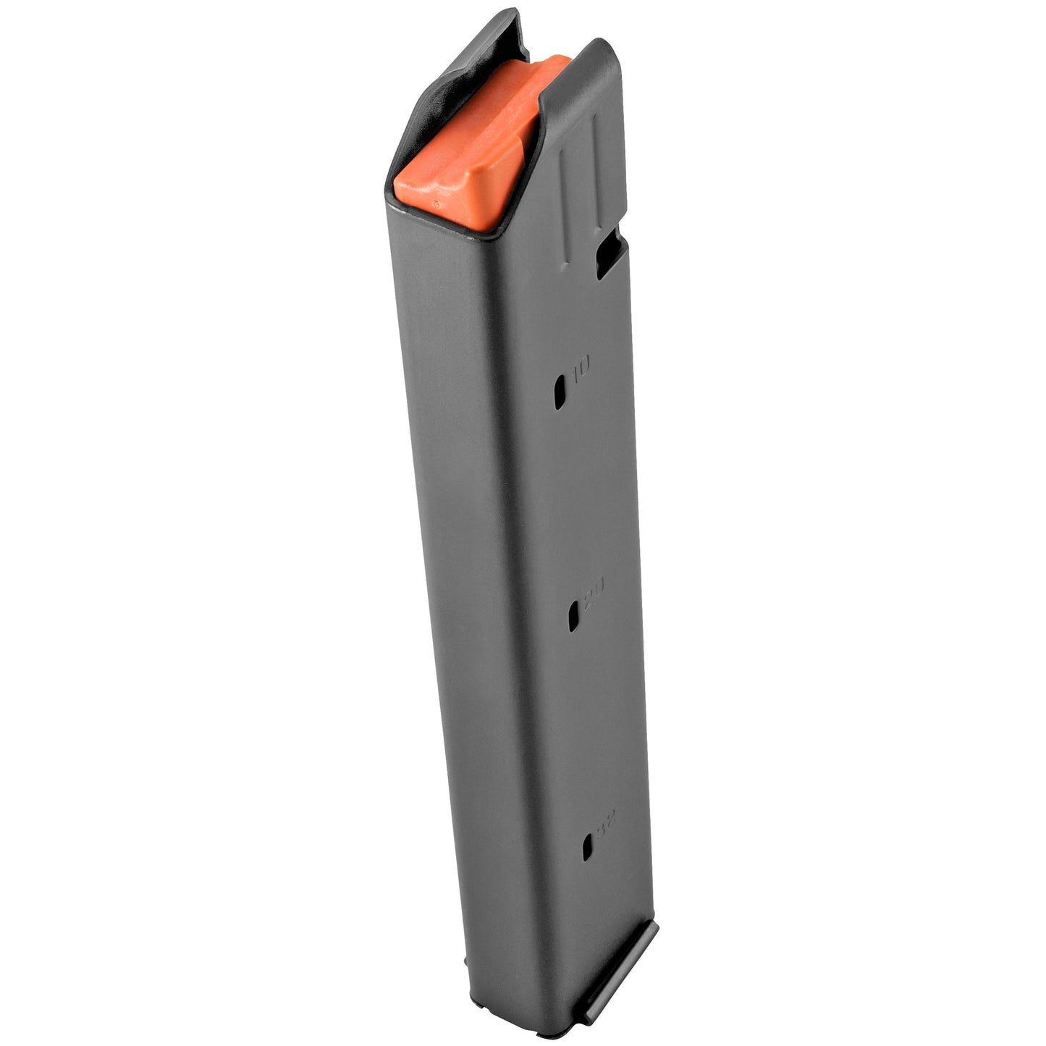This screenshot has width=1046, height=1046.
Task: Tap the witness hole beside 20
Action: pos(573,615)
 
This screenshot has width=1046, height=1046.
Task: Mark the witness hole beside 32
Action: pos(587,846)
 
